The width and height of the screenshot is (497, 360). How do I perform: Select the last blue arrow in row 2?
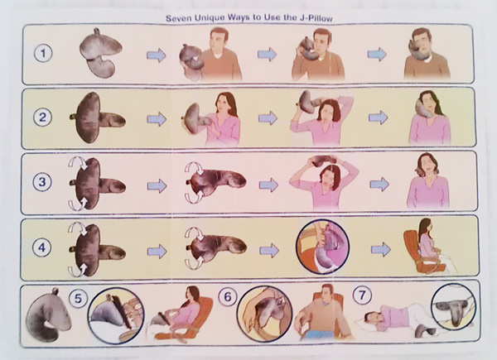tap(378, 118)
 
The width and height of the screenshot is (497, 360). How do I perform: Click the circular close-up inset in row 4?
tap(322, 247)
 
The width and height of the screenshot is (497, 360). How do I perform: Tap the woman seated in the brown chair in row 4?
tap(428, 245)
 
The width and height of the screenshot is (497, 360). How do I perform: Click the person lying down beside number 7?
tap(393, 319)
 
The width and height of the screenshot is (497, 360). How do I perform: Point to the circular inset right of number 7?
tap(454, 307)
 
